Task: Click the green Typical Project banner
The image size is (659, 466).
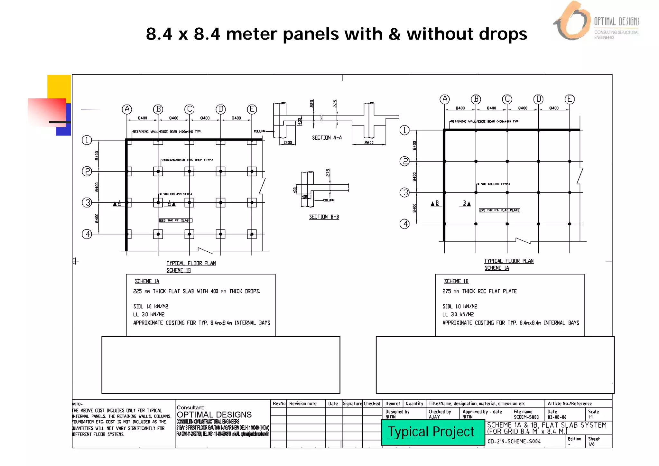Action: click(x=432, y=432)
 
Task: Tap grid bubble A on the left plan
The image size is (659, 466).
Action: click(x=127, y=109)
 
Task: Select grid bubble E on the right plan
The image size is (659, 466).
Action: click(x=570, y=99)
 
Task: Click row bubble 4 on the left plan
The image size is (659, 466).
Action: click(x=87, y=234)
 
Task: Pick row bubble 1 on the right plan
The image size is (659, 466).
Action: click(x=404, y=130)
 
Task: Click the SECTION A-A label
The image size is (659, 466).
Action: click(x=327, y=138)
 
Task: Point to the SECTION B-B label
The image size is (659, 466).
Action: click(x=324, y=217)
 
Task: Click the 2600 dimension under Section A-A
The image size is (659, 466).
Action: click(x=369, y=143)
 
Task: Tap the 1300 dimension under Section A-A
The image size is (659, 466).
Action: click(x=288, y=143)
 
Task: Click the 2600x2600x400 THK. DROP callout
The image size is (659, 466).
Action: click(x=187, y=160)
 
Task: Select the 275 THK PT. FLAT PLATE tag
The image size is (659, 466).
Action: click(x=499, y=210)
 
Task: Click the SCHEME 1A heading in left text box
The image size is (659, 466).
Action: click(x=147, y=281)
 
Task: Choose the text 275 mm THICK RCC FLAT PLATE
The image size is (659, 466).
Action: click(x=479, y=291)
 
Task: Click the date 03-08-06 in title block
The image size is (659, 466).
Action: click(x=557, y=417)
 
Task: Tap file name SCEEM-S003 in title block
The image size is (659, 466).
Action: click(x=526, y=417)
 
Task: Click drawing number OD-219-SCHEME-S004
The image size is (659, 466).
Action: click(x=514, y=442)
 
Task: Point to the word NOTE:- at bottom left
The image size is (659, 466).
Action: click(x=77, y=404)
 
